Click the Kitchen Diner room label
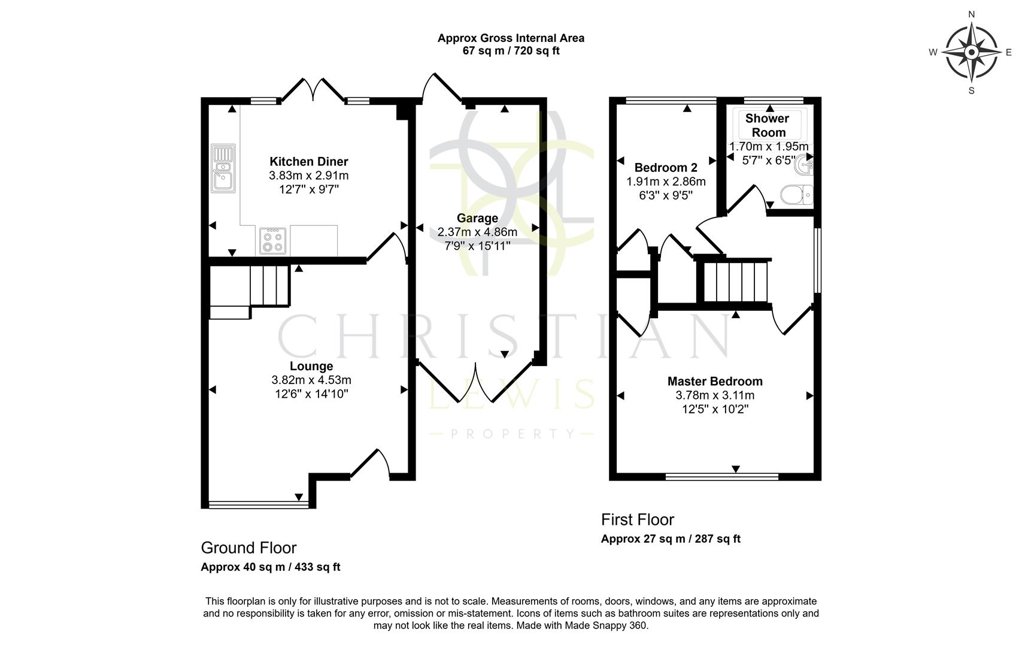click(x=308, y=162)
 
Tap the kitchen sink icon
click(x=223, y=170)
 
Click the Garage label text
click(x=477, y=218)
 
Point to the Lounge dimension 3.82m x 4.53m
click(x=311, y=380)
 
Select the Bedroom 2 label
click(x=666, y=167)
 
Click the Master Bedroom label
click(x=714, y=381)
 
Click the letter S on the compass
click(x=972, y=91)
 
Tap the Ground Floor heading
click(x=248, y=548)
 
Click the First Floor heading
click(x=637, y=519)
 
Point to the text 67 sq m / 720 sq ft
click(x=511, y=51)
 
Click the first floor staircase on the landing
click(x=735, y=282)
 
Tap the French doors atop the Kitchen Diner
click(x=312, y=90)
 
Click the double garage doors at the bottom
click(x=477, y=383)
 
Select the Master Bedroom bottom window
click(x=721, y=477)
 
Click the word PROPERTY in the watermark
click(x=512, y=433)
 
